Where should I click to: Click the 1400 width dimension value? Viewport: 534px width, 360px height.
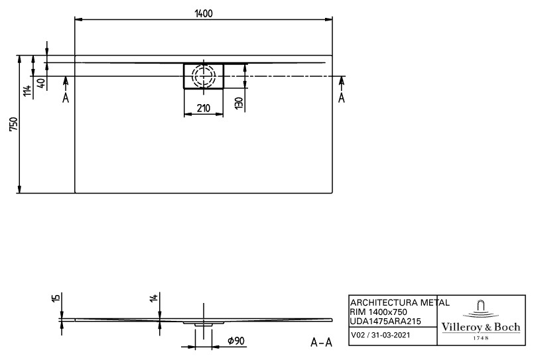(x=203, y=14)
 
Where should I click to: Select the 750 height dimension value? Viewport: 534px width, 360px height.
(x=13, y=124)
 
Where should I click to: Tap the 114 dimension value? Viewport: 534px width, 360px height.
(x=27, y=91)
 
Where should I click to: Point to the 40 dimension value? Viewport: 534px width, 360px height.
(x=41, y=84)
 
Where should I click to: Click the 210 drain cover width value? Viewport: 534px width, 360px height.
(x=203, y=108)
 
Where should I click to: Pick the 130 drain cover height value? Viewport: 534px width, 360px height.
(x=239, y=103)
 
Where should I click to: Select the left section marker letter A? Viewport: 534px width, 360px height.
(x=66, y=98)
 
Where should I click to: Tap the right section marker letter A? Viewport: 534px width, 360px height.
(x=342, y=98)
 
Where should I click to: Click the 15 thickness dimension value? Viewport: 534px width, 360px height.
(x=56, y=298)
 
